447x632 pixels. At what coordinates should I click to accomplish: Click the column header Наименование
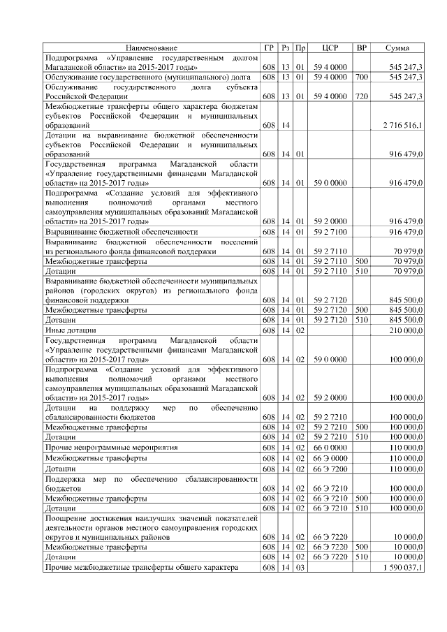click(x=152, y=47)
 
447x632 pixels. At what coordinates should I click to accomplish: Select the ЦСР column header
click(x=330, y=47)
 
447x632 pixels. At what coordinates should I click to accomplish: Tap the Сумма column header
click(x=397, y=47)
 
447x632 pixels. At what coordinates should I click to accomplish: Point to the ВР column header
click(x=361, y=47)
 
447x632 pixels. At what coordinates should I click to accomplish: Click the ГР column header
click(x=269, y=47)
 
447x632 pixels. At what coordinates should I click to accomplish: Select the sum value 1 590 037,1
click(x=402, y=568)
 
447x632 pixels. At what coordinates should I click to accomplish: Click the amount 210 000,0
click(x=405, y=330)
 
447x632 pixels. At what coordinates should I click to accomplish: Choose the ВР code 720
click(x=361, y=96)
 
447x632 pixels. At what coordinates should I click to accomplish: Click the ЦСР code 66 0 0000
click(x=330, y=446)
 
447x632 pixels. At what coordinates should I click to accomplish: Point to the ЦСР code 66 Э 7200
click(x=330, y=469)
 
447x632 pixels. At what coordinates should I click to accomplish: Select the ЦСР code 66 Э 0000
click(x=330, y=457)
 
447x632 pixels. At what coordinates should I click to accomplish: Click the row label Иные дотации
click(x=71, y=330)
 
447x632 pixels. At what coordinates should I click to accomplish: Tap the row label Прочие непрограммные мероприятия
click(x=111, y=446)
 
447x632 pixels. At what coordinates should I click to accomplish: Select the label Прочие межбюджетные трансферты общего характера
click(x=141, y=568)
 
